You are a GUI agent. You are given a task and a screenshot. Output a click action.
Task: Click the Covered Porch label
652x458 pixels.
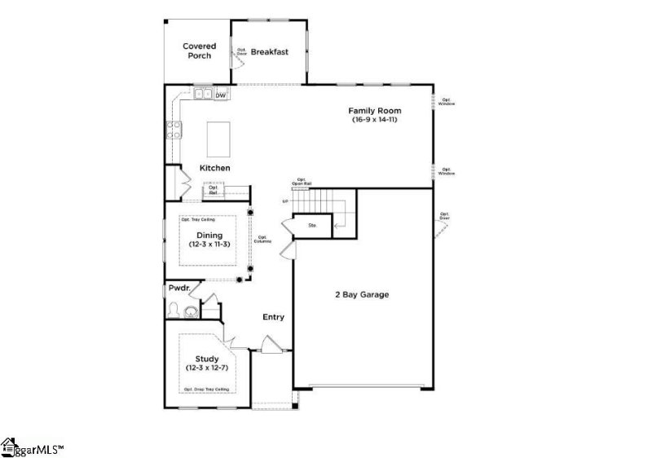tap(198, 51)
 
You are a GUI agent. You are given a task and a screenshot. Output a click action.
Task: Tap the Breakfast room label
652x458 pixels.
tap(269, 52)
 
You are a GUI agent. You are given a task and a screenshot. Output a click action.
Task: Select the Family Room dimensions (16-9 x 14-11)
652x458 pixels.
tap(375, 120)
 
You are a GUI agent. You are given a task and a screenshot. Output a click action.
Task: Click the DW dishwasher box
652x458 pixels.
tap(220, 95)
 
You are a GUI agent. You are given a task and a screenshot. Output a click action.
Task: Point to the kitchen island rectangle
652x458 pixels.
tap(218, 139)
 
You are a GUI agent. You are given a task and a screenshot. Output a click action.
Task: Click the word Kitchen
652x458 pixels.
tap(215, 168)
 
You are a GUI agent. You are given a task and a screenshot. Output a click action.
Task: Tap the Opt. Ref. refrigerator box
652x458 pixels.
tap(214, 190)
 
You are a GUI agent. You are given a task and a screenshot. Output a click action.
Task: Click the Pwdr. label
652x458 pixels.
tap(179, 288)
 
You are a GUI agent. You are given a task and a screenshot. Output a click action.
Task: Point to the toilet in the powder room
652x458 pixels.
tap(174, 310)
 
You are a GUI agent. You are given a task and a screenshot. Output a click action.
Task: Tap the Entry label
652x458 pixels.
tap(273, 317)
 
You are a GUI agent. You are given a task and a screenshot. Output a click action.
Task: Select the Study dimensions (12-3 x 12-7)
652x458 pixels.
tap(206, 368)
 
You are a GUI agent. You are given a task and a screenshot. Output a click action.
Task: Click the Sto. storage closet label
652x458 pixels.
tap(312, 225)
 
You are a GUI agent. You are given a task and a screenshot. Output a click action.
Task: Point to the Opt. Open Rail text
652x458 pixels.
tap(301, 182)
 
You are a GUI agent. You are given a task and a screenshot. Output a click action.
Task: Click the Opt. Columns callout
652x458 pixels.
tap(262, 240)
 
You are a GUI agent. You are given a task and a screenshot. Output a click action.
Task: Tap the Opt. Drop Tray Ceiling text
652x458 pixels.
tap(205, 390)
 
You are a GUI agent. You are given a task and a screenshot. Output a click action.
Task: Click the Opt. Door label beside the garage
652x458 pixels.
tap(444, 216)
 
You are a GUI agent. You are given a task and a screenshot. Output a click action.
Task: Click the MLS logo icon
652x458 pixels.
tap(10, 446)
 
